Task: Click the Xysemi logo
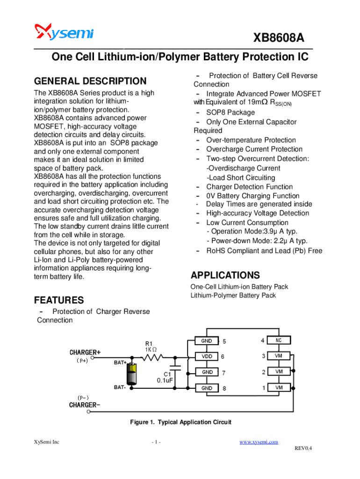pos(64,32)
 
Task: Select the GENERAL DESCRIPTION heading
pos(90,81)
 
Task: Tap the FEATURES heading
pos(59,300)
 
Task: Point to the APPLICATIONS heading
pos(225,275)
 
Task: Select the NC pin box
pos(278,341)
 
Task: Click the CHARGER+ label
pos(85,352)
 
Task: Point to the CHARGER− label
pos(85,405)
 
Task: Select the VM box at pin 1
pos(278,388)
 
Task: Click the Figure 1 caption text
pos(180,422)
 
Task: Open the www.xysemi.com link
pos(259,442)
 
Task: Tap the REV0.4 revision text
pos(303,449)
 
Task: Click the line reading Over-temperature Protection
pos(251,140)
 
